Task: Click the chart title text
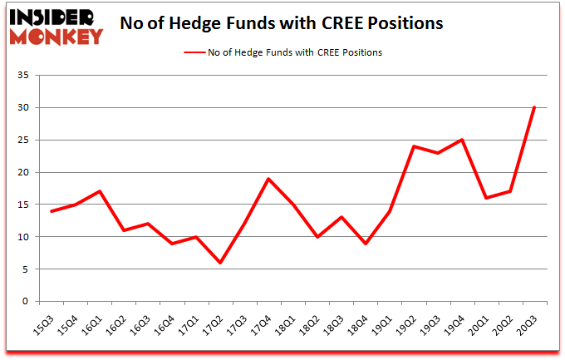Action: point(282,23)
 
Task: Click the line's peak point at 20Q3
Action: point(534,107)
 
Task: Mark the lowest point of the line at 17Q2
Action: point(221,263)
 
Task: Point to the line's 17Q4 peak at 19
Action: point(269,179)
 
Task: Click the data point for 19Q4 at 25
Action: point(462,140)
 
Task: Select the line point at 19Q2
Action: point(414,146)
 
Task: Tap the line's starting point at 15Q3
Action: point(52,211)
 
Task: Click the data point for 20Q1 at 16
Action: point(486,198)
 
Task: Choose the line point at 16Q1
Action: point(101,191)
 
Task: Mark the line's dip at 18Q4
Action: point(366,244)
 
